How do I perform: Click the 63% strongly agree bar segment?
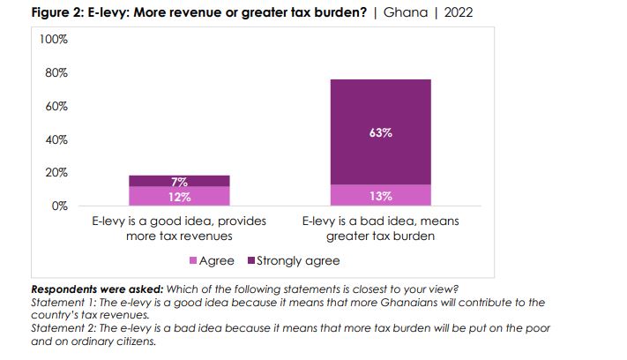380,132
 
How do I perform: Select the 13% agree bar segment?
380,195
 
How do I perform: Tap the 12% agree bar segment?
179,196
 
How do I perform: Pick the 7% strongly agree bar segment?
179,181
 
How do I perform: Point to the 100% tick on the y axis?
56,40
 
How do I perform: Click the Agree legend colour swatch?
194,261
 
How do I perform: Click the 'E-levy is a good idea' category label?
179,228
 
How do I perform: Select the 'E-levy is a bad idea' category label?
380,228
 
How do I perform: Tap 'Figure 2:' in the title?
57,13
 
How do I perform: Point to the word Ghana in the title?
406,13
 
